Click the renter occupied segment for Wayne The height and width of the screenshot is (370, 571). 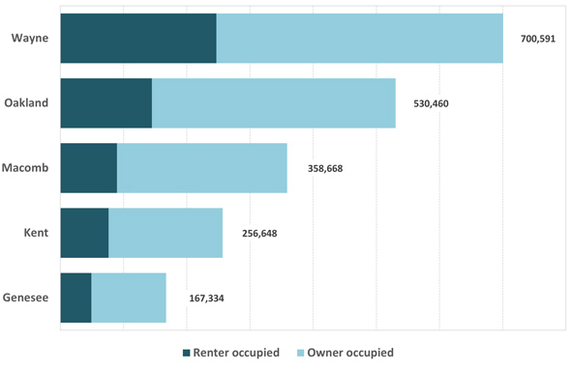[137, 38]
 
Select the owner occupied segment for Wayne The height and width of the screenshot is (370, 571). [359, 38]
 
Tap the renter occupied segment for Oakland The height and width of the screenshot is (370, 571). [105, 102]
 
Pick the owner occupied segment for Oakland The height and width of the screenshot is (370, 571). [273, 102]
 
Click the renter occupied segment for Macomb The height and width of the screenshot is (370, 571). [88, 168]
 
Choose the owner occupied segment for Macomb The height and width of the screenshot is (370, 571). [201, 168]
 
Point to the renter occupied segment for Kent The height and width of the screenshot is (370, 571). [84, 233]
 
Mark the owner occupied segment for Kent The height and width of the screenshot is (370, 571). [165, 233]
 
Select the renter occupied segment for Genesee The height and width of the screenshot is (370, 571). [75, 298]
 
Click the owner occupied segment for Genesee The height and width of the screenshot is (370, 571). [129, 298]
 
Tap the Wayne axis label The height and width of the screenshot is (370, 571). [30, 38]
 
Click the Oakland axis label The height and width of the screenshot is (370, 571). [26, 102]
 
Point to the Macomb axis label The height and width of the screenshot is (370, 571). [27, 168]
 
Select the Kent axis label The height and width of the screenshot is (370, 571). [36, 233]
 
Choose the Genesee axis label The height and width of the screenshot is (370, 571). [26, 298]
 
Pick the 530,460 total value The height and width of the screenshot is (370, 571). [431, 102]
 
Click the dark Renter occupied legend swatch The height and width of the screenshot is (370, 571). [187, 353]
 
